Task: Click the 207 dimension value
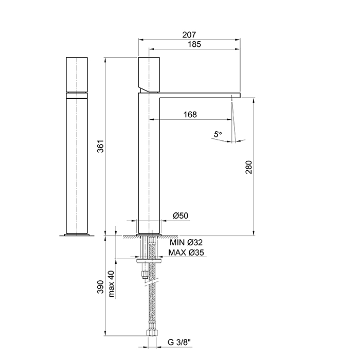[189, 34]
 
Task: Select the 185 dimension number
[194, 44]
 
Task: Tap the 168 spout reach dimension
[190, 114]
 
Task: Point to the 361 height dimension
[101, 146]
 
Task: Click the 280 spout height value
[249, 167]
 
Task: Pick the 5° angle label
[218, 134]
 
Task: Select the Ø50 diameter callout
[181, 215]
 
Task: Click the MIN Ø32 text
[186, 242]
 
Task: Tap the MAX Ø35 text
[186, 253]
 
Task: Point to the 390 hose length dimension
[100, 287]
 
